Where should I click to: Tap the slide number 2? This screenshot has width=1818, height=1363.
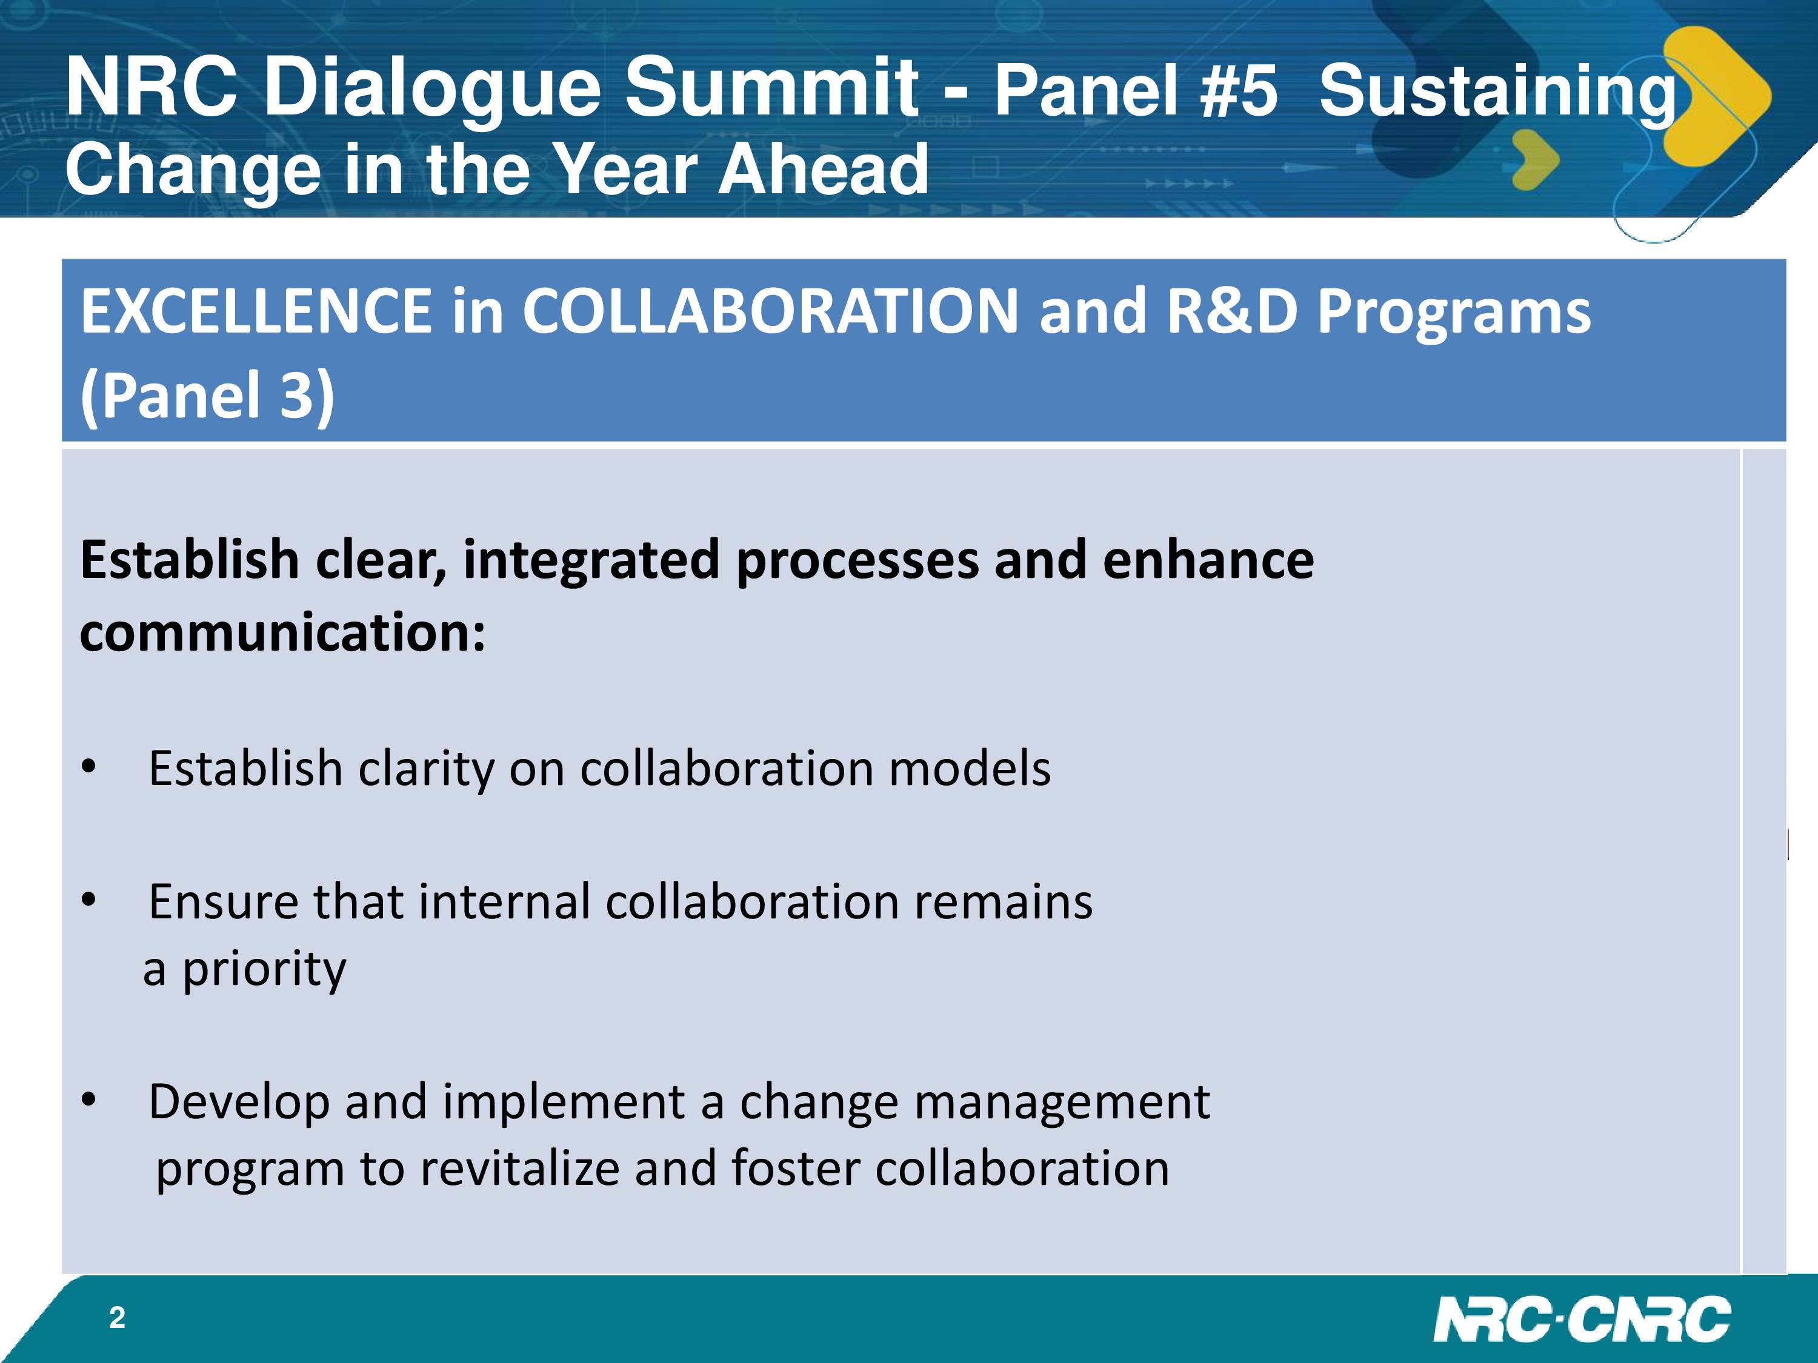[x=118, y=1318]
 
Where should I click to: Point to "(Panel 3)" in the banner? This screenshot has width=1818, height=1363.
[x=207, y=395]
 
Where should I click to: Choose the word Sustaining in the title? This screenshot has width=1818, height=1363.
[x=1498, y=92]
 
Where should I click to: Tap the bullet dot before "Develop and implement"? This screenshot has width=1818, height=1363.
[x=88, y=1099]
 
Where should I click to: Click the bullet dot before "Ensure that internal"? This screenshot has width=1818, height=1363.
[x=88, y=900]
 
